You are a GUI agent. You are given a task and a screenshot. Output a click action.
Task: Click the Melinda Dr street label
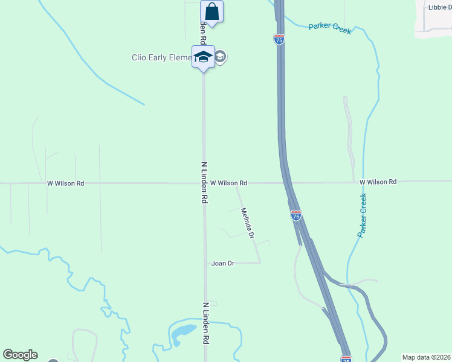(x=247, y=223)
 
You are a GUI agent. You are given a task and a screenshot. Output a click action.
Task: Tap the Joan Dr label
(x=222, y=263)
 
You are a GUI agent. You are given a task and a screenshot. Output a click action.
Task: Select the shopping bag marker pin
(x=212, y=11)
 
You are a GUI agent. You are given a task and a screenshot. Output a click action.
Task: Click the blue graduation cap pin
(x=203, y=57)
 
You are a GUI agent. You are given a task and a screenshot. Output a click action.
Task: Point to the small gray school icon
(x=221, y=57)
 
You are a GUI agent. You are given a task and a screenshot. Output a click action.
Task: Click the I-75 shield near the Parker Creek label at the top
(x=279, y=40)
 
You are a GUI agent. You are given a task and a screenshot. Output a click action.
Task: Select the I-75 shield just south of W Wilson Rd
(x=295, y=215)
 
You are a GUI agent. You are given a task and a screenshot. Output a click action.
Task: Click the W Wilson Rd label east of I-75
(x=378, y=182)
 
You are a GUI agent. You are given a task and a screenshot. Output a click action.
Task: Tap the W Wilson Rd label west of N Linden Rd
(x=65, y=183)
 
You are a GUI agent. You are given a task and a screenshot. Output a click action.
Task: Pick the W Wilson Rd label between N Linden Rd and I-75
(x=228, y=183)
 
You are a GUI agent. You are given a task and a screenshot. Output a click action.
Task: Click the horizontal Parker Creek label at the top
(x=329, y=28)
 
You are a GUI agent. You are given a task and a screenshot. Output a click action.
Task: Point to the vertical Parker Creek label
(x=363, y=215)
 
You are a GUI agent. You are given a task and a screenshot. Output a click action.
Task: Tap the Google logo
(x=20, y=355)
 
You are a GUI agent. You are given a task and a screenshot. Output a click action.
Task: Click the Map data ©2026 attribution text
(x=426, y=357)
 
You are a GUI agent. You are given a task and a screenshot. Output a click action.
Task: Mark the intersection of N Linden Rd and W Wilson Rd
(x=204, y=183)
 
